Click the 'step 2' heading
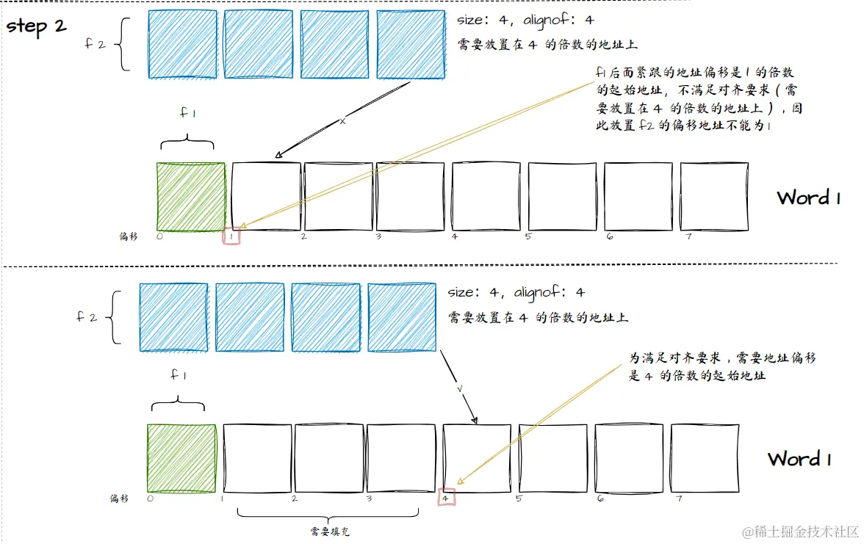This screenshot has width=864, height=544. [x=37, y=26]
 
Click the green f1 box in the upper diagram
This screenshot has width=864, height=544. [x=191, y=197]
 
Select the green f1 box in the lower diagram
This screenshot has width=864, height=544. [x=181, y=458]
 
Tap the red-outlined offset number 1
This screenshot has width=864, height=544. [x=232, y=236]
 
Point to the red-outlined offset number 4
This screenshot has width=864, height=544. [x=447, y=498]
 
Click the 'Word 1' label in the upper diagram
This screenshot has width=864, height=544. [x=808, y=197]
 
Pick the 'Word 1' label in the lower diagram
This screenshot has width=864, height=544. [x=799, y=459]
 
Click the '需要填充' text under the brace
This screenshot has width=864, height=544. [x=323, y=529]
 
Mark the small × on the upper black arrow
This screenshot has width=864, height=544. [x=342, y=121]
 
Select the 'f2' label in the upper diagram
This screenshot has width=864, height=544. [x=96, y=43]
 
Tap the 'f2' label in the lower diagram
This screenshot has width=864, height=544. [x=87, y=317]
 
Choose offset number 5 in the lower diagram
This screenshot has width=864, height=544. [x=519, y=498]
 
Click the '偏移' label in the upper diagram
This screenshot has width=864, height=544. [x=129, y=236]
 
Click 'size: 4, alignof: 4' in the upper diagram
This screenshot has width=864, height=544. [x=525, y=20]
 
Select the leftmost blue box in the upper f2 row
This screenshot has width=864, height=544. [x=182, y=43]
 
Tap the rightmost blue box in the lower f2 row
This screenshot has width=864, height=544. [x=401, y=317]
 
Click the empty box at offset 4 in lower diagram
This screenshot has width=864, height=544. [x=477, y=458]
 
